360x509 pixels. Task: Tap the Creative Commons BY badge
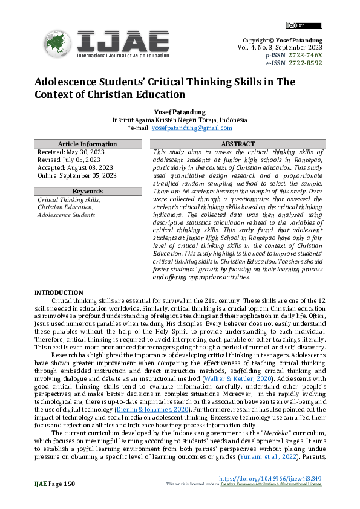pyautogui.click(x=295, y=25)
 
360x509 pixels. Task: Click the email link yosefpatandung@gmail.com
pyautogui.click(x=192, y=128)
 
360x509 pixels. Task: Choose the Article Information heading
pyautogui.click(x=87, y=144)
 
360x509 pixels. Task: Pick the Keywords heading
pyautogui.click(x=87, y=191)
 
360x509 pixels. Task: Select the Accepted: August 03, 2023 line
pyautogui.click(x=75, y=167)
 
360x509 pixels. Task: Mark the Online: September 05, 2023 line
pyautogui.click(x=77, y=175)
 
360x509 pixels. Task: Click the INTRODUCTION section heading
pyautogui.click(x=59, y=292)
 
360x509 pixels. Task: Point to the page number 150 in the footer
pyautogui.click(x=68, y=484)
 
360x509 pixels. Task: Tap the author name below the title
pyautogui.click(x=180, y=112)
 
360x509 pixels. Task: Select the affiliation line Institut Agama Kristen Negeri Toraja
pyautogui.click(x=180, y=120)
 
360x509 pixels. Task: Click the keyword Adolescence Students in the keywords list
pyautogui.click(x=66, y=215)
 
